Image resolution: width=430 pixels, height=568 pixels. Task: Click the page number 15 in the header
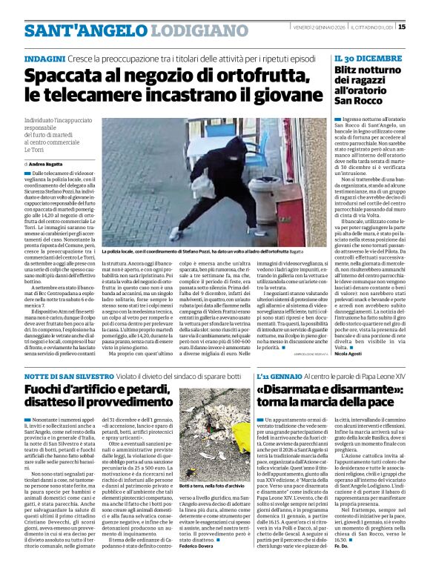click(422, 27)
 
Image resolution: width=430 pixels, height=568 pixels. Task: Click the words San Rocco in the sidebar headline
click(357, 99)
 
